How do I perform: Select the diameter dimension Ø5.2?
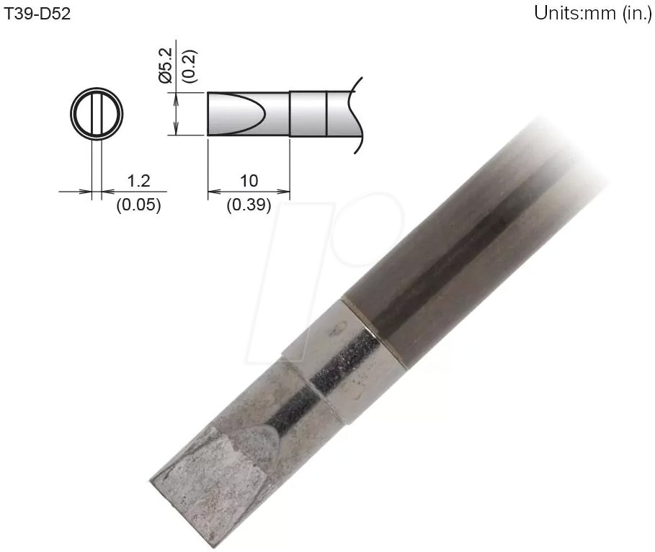tap(165, 66)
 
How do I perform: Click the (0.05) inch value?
tap(138, 205)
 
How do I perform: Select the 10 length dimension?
tap(248, 179)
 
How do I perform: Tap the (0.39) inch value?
tap(249, 205)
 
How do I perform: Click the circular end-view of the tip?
tap(97, 115)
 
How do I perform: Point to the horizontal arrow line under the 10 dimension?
tap(248, 192)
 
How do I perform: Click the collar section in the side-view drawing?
tap(308, 114)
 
